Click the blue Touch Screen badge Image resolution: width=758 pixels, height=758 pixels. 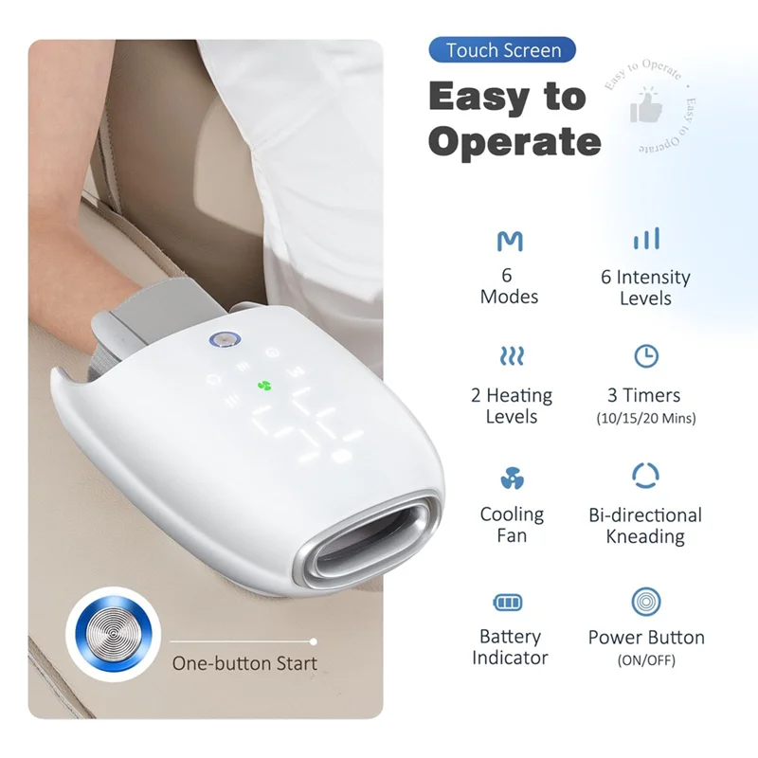click(x=502, y=50)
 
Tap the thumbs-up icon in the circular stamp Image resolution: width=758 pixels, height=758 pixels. click(x=646, y=108)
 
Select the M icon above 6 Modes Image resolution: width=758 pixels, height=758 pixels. click(x=509, y=241)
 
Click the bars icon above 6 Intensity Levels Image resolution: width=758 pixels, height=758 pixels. click(x=646, y=238)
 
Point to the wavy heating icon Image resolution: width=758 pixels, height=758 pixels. click(x=511, y=356)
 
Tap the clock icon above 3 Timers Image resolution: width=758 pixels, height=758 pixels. click(x=645, y=356)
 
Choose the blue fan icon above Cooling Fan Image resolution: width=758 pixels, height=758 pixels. click(x=510, y=477)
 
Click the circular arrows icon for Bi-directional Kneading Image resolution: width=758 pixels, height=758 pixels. click(x=645, y=476)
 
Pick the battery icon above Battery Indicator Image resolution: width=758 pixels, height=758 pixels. click(x=510, y=603)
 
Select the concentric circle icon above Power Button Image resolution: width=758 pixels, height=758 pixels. click(x=645, y=601)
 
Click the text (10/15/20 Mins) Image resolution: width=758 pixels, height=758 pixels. click(x=645, y=418)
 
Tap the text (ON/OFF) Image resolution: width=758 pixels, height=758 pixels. click(x=645, y=660)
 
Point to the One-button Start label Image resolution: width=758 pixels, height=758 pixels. click(x=244, y=663)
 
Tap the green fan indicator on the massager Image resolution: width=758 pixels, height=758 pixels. click(x=264, y=386)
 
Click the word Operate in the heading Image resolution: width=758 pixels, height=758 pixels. click(x=514, y=141)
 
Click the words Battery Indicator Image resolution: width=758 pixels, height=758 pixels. click(x=510, y=647)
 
